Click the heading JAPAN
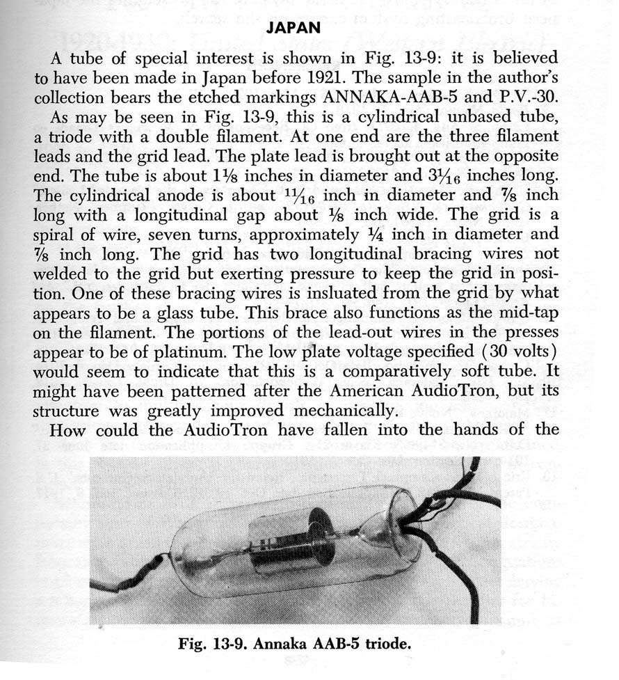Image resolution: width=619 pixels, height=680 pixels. pyautogui.click(x=293, y=28)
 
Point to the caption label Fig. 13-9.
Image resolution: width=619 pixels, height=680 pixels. pyautogui.click(x=210, y=643)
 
